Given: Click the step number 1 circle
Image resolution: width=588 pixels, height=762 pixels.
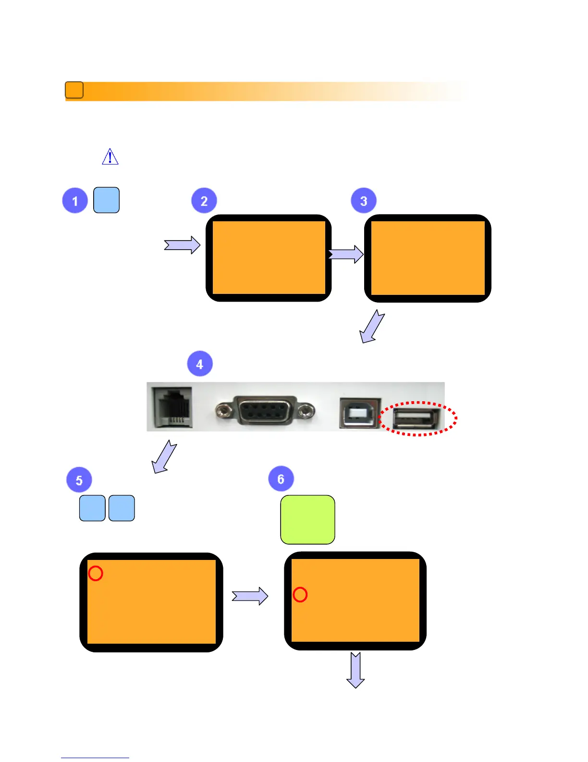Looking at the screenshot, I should pos(75,201).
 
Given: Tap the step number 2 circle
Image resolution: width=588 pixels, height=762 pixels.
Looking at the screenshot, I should pos(204,201).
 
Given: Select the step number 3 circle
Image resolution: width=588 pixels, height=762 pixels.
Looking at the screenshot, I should pos(364,201).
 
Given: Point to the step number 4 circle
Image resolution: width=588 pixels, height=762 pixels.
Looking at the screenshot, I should pos(200,364).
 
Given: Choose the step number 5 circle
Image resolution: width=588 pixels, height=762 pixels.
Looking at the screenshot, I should pos(79,480).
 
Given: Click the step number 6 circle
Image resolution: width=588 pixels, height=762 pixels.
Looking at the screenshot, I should pos(281,479).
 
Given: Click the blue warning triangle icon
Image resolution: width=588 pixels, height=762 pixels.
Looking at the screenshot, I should pos(110,157).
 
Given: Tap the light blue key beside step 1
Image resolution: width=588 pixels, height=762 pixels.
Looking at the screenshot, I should pos(106,200).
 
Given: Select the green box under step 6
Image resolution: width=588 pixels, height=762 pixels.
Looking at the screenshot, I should pos(307,520).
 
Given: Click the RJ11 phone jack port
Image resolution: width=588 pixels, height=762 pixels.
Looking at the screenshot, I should pos(172,407).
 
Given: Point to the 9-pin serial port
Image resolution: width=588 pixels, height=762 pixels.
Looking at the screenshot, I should pos(265,410).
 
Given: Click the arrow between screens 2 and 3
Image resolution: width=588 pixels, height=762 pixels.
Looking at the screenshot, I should pos(346,254).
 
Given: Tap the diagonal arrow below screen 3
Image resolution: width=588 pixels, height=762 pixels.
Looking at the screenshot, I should pos(372,326).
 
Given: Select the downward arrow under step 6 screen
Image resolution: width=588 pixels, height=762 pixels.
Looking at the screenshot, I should pos(355,670).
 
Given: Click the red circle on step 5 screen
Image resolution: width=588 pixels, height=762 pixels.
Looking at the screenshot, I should pos(96,573).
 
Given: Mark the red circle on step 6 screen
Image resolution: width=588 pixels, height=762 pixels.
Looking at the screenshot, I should pos(300,595).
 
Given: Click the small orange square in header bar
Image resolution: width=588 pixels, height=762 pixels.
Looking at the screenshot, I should pos(74,90).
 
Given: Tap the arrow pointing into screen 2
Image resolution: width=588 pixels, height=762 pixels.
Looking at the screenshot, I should pos(182,245).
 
